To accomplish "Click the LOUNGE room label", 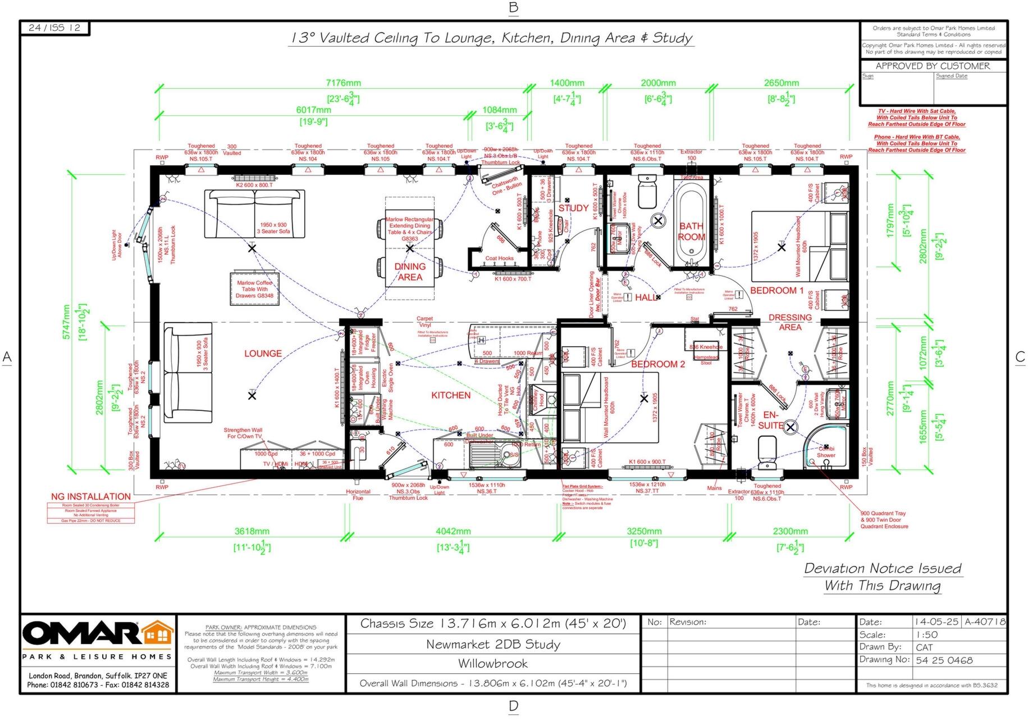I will pyautogui.click(x=263, y=354).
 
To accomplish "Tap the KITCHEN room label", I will pyautogui.click(x=451, y=395).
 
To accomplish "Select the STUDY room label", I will pyautogui.click(x=573, y=208).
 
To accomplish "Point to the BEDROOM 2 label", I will pyautogui.click(x=658, y=364).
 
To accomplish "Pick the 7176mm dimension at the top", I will pyautogui.click(x=343, y=83).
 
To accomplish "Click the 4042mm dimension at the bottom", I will pyautogui.click(x=453, y=531).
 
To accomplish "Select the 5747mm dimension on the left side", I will pyautogui.click(x=66, y=321).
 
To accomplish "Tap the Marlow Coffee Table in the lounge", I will pyautogui.click(x=254, y=289).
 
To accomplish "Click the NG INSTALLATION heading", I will pyautogui.click(x=90, y=496).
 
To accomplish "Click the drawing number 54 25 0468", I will pyautogui.click(x=944, y=660).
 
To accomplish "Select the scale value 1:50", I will pyautogui.click(x=926, y=635).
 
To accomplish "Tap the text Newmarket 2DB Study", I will pyautogui.click(x=493, y=645).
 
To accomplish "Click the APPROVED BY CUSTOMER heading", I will pyautogui.click(x=933, y=66).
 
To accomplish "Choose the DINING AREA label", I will pyautogui.click(x=410, y=271).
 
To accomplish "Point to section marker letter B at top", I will pyautogui.click(x=513, y=7).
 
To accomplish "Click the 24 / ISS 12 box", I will pyautogui.click(x=54, y=28).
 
